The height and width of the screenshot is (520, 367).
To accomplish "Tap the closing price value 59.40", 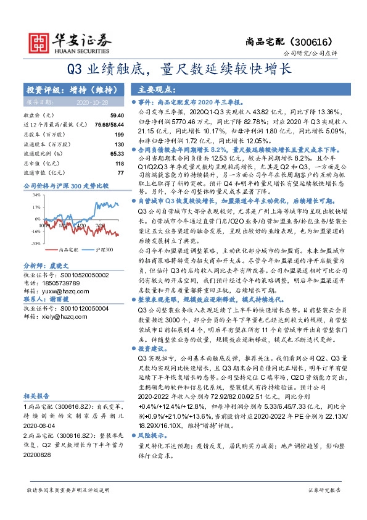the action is pyautogui.click(x=117, y=115).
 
